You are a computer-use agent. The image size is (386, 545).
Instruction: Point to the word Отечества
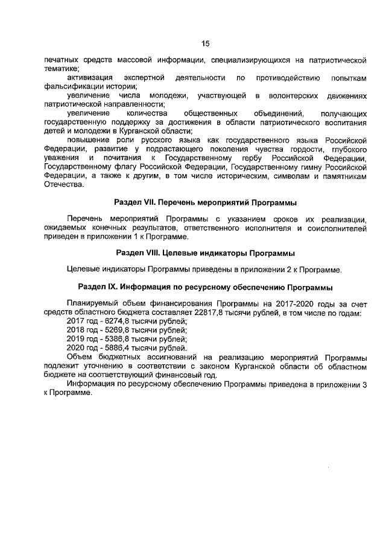pos(63,184)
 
